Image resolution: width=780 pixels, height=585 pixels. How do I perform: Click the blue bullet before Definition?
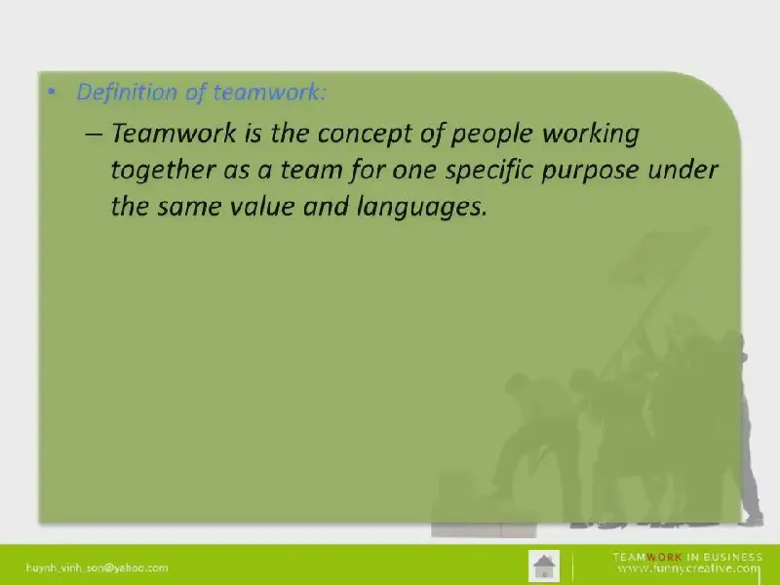point(52,92)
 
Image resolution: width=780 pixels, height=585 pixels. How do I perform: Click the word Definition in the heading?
point(127,92)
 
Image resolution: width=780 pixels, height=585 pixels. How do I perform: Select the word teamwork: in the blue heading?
point(270,92)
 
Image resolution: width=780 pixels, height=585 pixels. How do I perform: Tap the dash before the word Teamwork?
point(94,135)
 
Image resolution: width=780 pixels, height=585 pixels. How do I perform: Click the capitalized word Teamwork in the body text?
point(174,133)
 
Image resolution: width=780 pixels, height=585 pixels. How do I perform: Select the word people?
point(491,135)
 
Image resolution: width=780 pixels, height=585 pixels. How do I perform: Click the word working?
point(591,135)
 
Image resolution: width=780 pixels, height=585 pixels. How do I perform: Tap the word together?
point(162,171)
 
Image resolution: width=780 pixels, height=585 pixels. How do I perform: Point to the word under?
point(682,170)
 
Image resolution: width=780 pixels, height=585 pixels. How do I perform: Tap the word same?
point(189,207)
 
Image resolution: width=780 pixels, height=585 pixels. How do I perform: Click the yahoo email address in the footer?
point(97,567)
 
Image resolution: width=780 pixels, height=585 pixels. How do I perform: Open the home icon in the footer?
point(544,565)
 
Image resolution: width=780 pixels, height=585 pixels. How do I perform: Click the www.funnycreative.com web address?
point(689,568)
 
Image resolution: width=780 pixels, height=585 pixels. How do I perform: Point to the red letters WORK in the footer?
point(664,557)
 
